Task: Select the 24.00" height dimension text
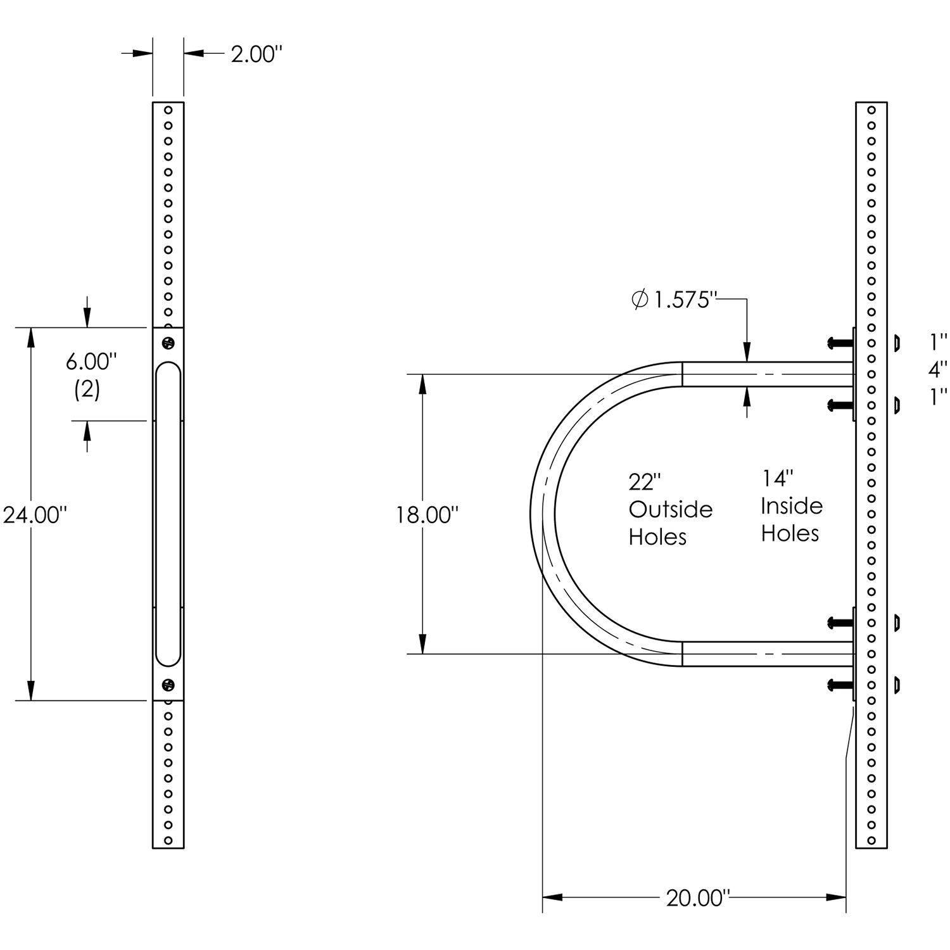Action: [x=35, y=515]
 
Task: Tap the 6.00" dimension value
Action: [x=92, y=362]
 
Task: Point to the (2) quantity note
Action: [x=87, y=389]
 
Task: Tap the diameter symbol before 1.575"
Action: [x=640, y=300]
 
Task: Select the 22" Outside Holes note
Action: [x=670, y=509]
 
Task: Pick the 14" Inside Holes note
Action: [x=791, y=506]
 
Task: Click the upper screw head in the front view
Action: [x=168, y=343]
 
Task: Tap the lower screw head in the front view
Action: [x=168, y=684]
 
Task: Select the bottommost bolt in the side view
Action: [x=840, y=684]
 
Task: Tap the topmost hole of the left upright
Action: [x=168, y=110]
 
